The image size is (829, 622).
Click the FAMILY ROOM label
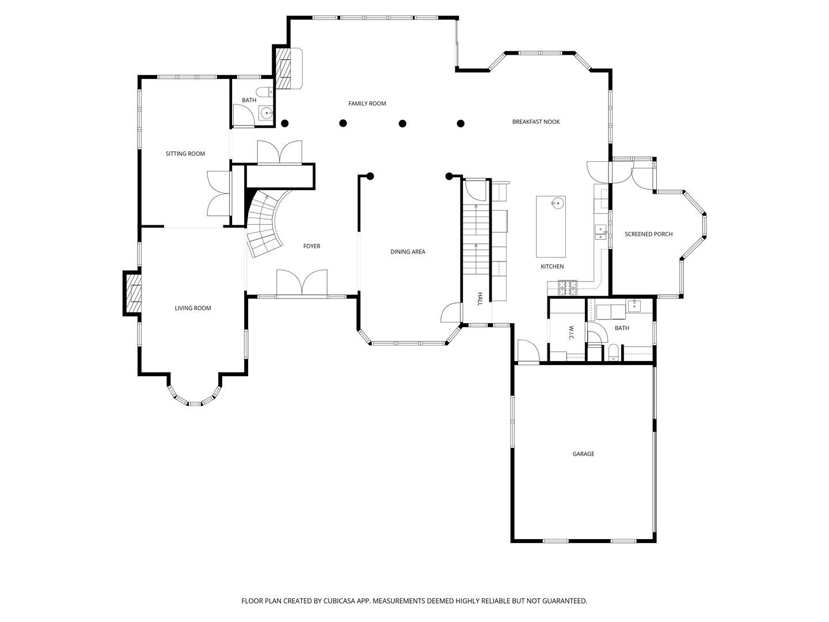pos(367,104)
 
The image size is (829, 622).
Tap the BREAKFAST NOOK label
pos(535,122)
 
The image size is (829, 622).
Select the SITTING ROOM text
pos(185,154)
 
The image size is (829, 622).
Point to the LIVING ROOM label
pos(193,308)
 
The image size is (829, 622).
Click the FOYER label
pos(311,246)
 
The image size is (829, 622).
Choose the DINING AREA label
pos(408,252)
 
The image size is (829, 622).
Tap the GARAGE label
pos(583,454)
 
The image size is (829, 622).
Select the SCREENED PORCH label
pos(648,234)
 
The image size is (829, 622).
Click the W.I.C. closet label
pos(571,333)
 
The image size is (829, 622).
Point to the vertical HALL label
pos(480,299)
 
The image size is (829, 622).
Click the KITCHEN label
pos(552,267)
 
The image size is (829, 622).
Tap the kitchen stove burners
pos(568,287)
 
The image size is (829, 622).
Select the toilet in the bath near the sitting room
pos(264,92)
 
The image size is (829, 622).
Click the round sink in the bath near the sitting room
pos(267,112)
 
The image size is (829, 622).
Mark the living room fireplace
pos(132,293)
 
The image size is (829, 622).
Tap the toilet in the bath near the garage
pos(613,352)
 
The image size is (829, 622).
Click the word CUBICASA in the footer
pos(339,601)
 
